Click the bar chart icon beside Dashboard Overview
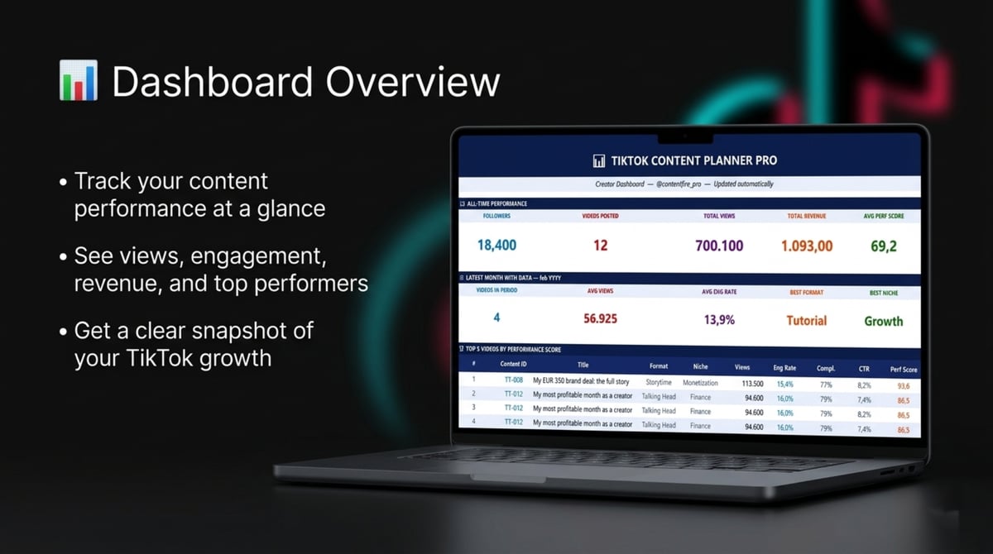79,81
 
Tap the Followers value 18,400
496,245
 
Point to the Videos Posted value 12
600,245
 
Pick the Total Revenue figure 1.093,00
807,246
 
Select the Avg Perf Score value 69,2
883,246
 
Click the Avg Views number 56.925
600,318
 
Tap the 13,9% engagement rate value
719,320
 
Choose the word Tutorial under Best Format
807,320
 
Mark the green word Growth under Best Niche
884,321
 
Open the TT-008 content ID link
514,381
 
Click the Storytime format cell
659,383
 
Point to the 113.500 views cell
752,384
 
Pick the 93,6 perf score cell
903,385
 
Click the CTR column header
864,369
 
